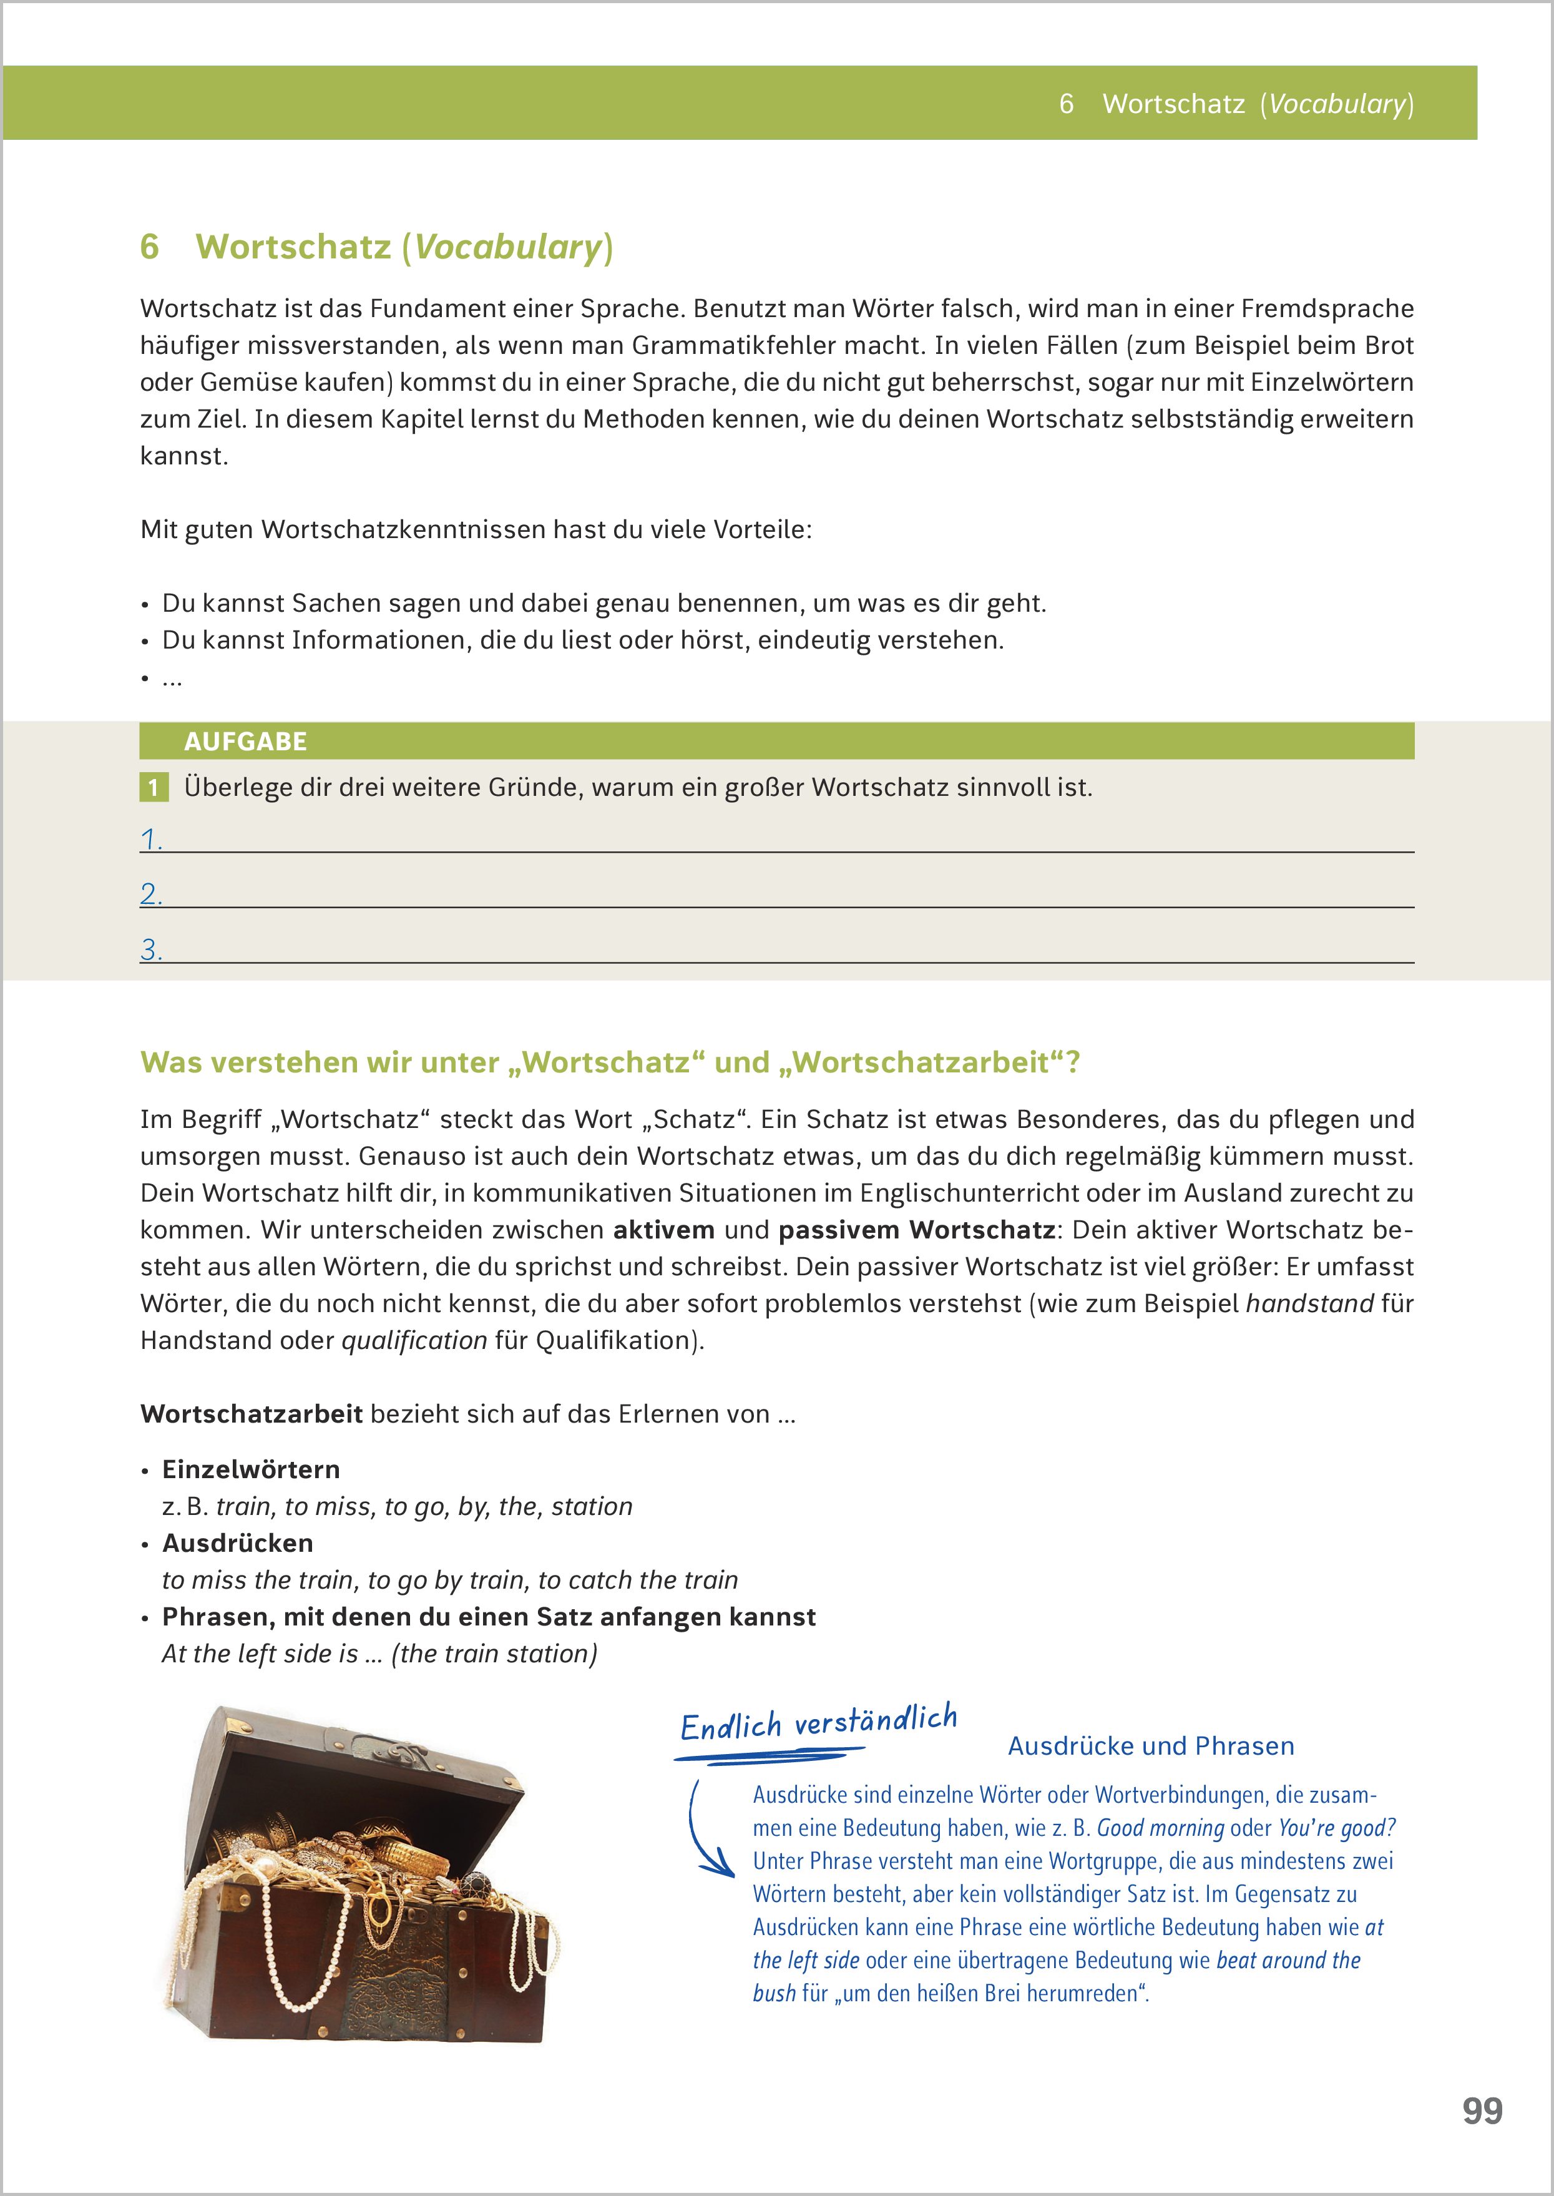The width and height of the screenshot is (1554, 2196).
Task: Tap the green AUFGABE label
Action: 245,742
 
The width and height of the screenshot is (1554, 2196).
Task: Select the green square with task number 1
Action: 153,788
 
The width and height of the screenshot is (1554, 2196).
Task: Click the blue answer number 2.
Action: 150,894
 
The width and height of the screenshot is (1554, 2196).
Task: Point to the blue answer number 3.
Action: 150,949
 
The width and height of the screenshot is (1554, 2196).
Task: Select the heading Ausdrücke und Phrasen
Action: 1150,1747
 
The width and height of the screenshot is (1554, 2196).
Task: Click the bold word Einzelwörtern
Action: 251,1469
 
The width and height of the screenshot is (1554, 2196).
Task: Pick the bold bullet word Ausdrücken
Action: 237,1542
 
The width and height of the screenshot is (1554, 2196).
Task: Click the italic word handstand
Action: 1308,1303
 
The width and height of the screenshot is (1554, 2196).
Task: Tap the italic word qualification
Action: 414,1341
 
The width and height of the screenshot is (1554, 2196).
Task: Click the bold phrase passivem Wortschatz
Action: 916,1230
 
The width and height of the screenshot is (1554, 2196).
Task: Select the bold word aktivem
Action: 663,1230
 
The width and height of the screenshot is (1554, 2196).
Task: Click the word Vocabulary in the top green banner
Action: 1337,104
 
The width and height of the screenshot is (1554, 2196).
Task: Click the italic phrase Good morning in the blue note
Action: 1160,1828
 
